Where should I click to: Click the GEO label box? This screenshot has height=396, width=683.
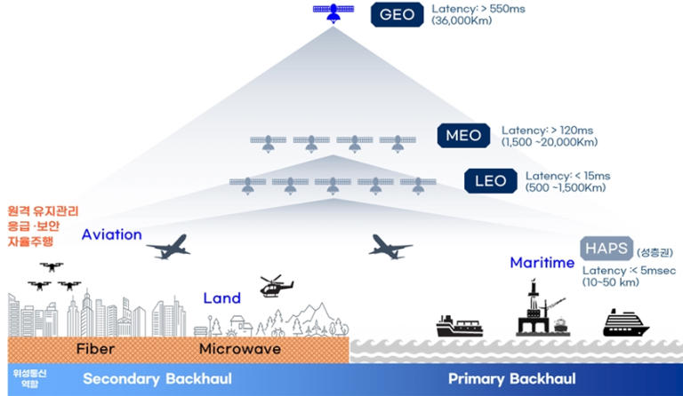(397, 15)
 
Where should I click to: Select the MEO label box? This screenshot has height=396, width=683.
(463, 136)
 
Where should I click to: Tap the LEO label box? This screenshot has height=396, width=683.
(490, 182)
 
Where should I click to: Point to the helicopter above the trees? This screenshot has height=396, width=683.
(275, 287)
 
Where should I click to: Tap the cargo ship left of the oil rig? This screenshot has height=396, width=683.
(459, 326)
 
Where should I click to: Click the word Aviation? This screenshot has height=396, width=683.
(111, 235)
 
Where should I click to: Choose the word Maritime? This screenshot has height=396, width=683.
(542, 263)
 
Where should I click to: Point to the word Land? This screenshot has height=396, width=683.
(222, 298)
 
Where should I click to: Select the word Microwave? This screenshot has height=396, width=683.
(239, 349)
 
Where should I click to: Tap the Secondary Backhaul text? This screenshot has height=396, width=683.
(157, 379)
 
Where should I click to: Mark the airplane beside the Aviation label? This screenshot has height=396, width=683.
(169, 246)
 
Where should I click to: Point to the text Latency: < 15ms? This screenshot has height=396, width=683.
(567, 177)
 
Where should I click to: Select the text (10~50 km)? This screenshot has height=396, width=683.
(615, 281)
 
